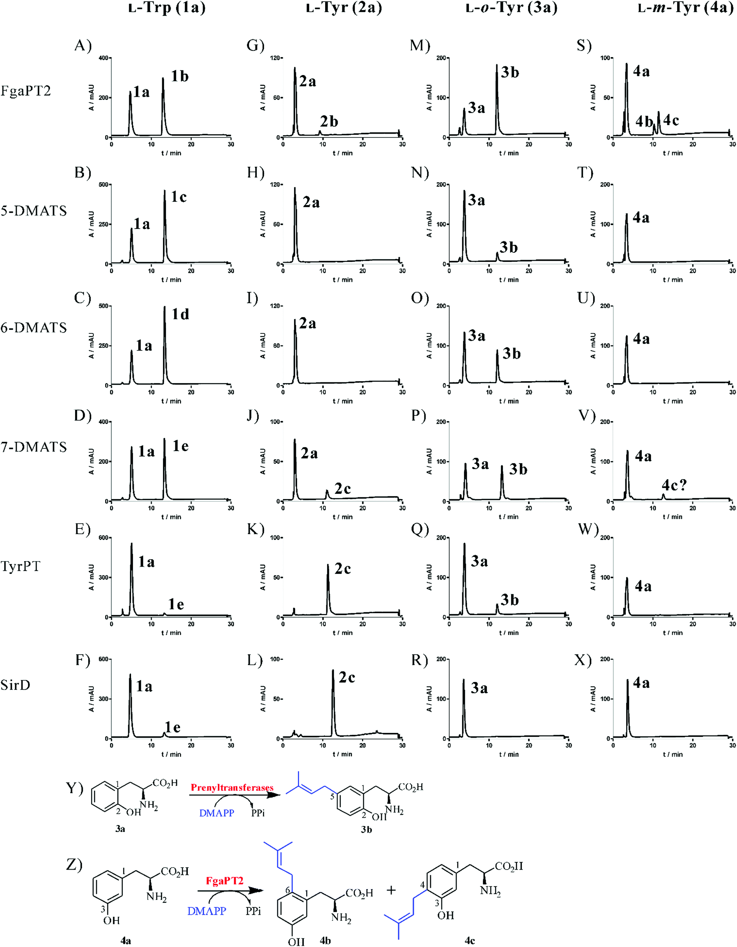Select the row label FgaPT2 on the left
coord(26,91)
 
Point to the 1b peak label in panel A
coord(179,76)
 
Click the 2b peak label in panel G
coord(329,121)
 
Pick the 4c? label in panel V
coord(674,485)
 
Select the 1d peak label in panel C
coord(180,314)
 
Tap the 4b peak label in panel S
coord(644,121)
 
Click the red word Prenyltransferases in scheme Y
coord(232,787)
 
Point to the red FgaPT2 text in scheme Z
coord(224,881)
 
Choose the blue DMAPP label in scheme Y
coord(217,813)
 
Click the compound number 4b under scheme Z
coord(325,940)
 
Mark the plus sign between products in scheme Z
coord(391,890)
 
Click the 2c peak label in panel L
coord(347,677)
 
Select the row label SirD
coord(15,685)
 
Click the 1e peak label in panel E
coord(176,604)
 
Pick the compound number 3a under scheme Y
coord(120,828)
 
